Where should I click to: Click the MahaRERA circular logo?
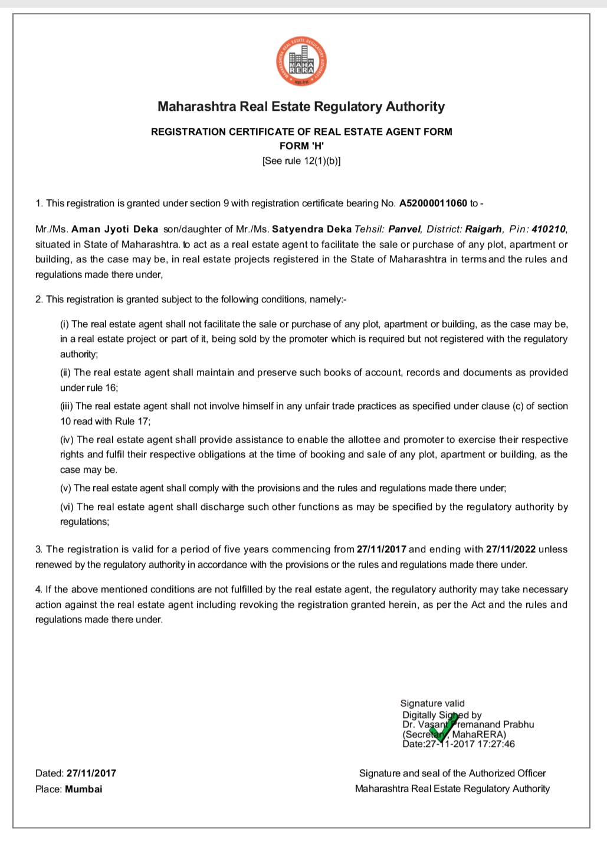(x=301, y=62)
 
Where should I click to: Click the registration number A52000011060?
(x=433, y=203)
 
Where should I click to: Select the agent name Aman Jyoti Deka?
(x=114, y=229)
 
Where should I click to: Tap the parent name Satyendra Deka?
(x=311, y=229)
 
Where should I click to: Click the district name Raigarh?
(x=484, y=229)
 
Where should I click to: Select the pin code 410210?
(x=549, y=229)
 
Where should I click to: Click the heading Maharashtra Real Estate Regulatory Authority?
(x=301, y=107)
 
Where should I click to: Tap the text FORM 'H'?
(x=301, y=146)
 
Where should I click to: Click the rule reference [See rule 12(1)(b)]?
(x=301, y=160)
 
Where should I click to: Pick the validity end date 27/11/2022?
(x=510, y=549)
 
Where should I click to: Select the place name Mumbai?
(x=83, y=789)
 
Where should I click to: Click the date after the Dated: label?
(x=91, y=773)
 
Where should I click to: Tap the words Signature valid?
(x=432, y=703)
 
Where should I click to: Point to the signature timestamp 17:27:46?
(x=496, y=744)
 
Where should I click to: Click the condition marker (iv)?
(x=67, y=440)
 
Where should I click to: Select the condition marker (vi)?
(x=67, y=507)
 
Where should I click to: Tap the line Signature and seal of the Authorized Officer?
(x=452, y=773)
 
